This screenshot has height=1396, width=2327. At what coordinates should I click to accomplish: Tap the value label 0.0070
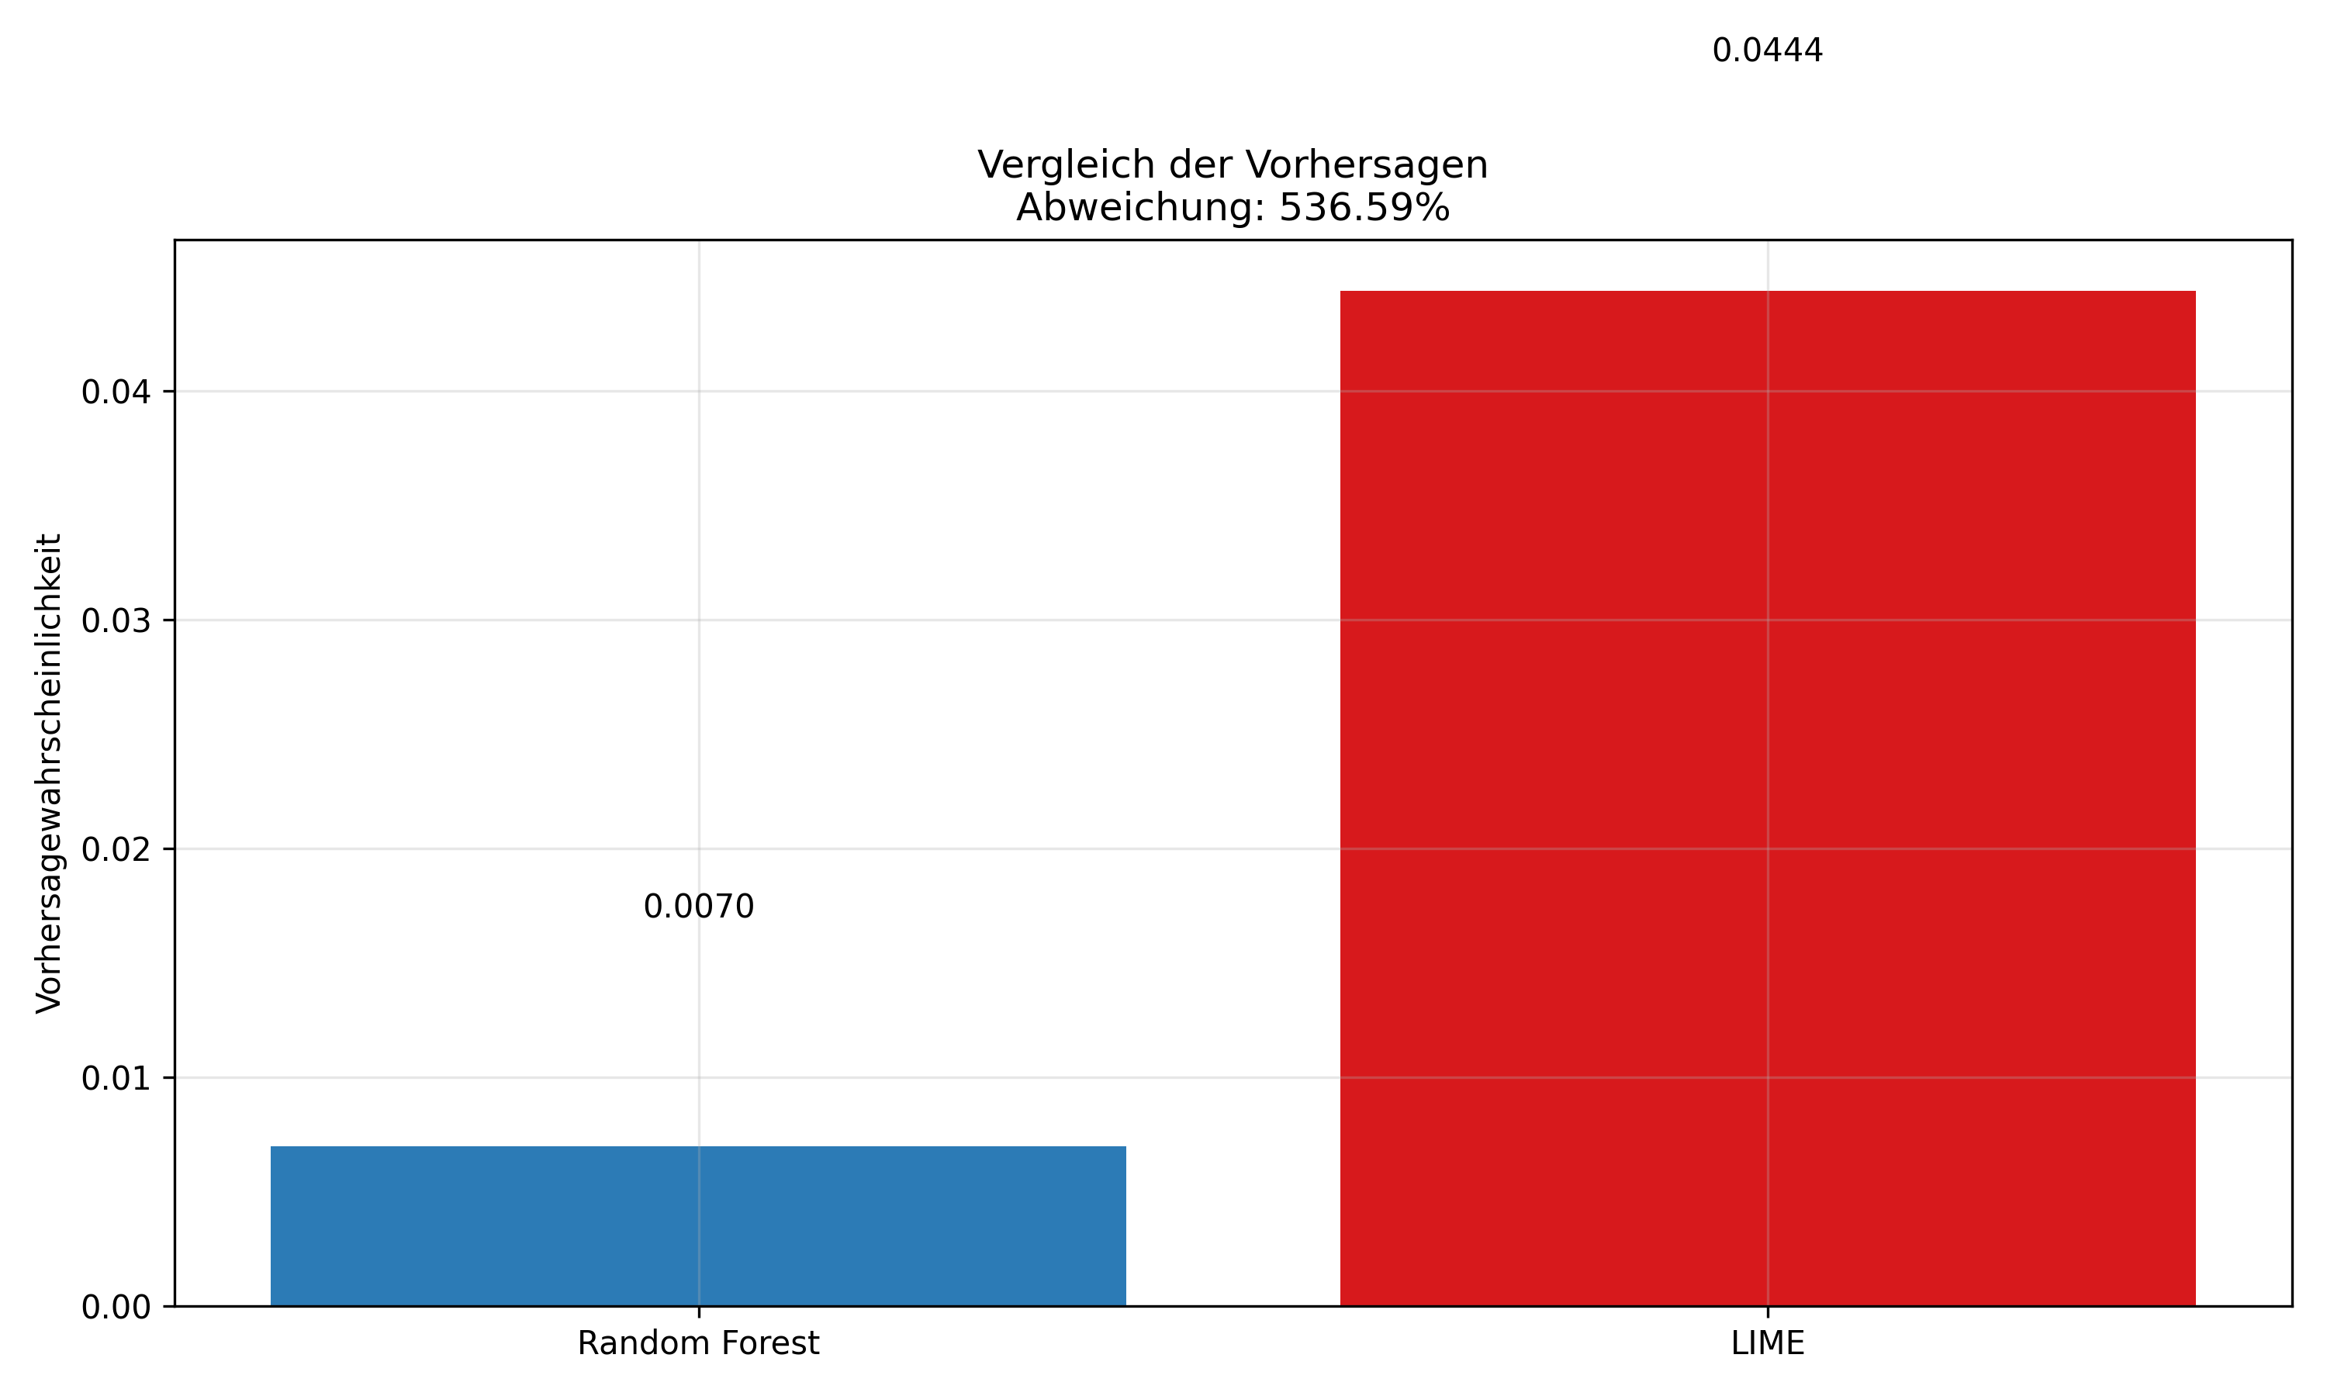click(x=698, y=907)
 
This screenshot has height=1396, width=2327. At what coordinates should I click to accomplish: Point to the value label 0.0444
click(x=1767, y=50)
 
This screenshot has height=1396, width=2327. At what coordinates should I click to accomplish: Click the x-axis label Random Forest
click(x=698, y=1343)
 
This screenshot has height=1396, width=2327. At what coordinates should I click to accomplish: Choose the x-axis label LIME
click(x=1767, y=1343)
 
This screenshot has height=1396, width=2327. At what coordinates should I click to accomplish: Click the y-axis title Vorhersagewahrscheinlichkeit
click(x=49, y=773)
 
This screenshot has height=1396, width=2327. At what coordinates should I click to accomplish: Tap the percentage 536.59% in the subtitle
click(x=1364, y=208)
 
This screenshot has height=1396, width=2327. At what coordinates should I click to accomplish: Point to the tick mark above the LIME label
click(x=1767, y=1312)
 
